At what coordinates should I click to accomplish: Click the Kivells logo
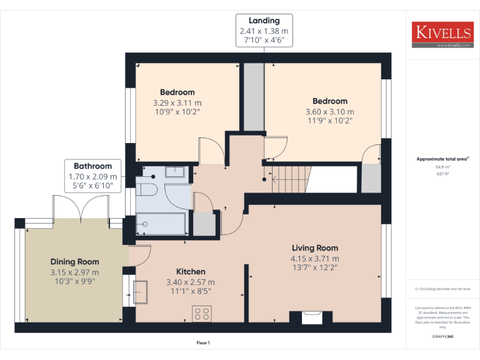(x=442, y=35)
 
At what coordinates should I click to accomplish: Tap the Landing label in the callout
(x=264, y=21)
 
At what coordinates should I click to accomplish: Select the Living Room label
(x=314, y=247)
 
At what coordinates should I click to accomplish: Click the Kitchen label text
(x=191, y=271)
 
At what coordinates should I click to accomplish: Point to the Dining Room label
(x=74, y=262)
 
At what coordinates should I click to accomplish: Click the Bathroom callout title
(x=92, y=166)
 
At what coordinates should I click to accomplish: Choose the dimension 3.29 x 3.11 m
(x=177, y=102)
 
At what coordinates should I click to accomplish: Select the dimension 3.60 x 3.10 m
(x=329, y=111)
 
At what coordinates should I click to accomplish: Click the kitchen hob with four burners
(x=202, y=313)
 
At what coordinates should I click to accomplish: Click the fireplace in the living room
(x=311, y=317)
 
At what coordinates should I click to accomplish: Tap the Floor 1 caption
(x=203, y=342)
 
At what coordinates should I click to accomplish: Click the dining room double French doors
(x=81, y=208)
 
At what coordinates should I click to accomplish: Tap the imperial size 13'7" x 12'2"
(x=314, y=268)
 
